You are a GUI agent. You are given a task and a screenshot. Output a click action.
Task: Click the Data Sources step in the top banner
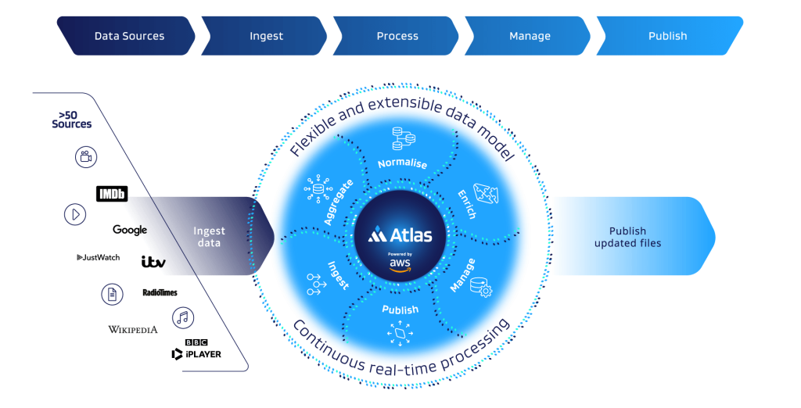(x=129, y=36)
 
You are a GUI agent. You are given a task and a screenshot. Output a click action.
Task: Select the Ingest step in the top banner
(x=266, y=36)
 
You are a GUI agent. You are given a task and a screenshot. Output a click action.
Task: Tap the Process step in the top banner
(x=397, y=36)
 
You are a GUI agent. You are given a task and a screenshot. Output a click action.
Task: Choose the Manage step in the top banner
(x=530, y=36)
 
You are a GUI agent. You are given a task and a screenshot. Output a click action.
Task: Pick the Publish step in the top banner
(x=667, y=36)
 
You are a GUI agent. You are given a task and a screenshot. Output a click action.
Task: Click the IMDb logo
(x=111, y=194)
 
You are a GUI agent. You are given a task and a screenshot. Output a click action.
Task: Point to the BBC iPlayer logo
(x=197, y=349)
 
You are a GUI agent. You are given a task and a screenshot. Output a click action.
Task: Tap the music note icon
(x=184, y=317)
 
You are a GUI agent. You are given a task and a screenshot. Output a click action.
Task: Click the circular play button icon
(x=75, y=214)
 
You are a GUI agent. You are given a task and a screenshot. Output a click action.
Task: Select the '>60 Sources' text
(x=71, y=120)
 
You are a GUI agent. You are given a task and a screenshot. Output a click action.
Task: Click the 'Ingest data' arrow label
(x=209, y=237)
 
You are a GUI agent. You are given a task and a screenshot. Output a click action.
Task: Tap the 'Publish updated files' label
(x=627, y=237)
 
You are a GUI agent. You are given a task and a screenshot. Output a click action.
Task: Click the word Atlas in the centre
(x=408, y=234)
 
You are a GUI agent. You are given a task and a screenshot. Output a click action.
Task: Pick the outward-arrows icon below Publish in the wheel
(x=400, y=335)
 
